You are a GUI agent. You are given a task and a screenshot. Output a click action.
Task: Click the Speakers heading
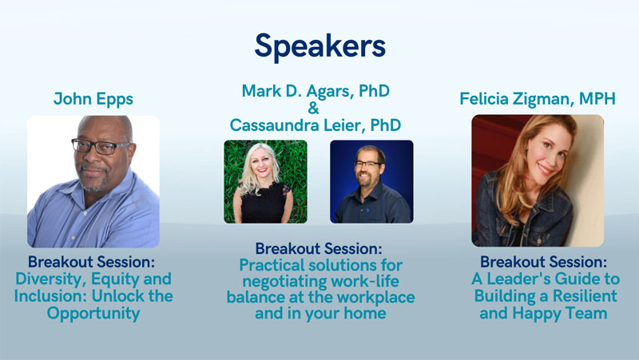click(x=320, y=46)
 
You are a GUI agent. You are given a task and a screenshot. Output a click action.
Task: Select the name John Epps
click(x=93, y=99)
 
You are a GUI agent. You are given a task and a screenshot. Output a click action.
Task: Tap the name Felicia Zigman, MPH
click(x=538, y=99)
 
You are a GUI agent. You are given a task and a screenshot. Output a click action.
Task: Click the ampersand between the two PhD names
click(x=313, y=108)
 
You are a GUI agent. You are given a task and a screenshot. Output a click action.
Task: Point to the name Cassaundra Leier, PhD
click(x=316, y=125)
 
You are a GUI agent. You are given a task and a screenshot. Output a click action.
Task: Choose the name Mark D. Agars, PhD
click(x=316, y=91)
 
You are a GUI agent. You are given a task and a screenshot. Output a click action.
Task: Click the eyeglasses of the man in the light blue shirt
click(x=101, y=146)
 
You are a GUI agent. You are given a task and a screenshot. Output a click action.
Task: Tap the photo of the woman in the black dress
click(x=266, y=182)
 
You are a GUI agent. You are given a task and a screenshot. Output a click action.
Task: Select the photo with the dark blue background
click(x=371, y=182)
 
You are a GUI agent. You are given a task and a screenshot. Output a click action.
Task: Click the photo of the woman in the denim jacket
click(x=538, y=180)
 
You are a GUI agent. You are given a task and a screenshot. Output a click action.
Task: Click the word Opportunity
click(x=93, y=314)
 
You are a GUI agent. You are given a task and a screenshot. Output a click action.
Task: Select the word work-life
click(x=365, y=281)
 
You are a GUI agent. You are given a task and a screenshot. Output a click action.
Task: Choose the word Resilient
click(x=585, y=296)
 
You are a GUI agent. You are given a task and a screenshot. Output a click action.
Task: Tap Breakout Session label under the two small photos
click(x=319, y=248)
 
